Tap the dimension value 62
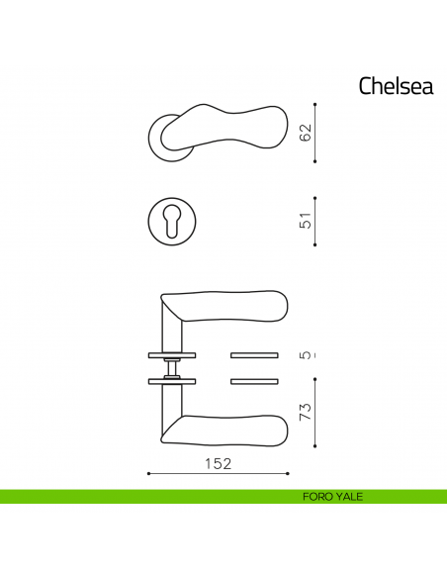point(307,131)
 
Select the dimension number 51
point(307,220)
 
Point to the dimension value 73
point(307,409)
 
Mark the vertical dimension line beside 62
point(314,131)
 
